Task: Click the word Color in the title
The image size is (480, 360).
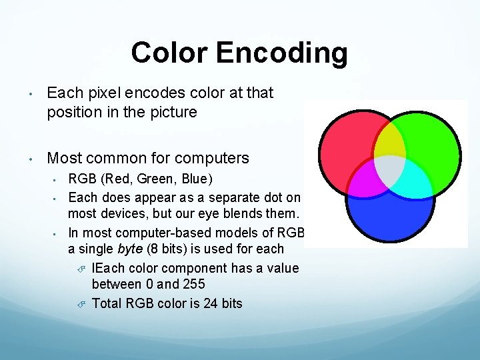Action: pos(169,53)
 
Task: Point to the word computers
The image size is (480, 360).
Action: pos(211,158)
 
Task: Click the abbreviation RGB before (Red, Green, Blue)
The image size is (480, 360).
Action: pos(82,179)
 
